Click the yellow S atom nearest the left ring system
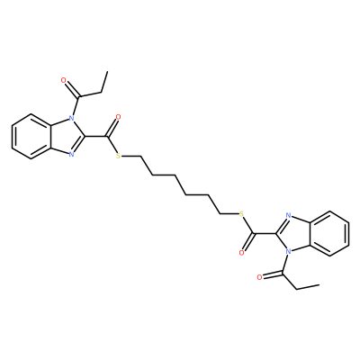(x=118, y=156)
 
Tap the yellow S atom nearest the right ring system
(x=241, y=214)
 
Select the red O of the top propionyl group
(x=63, y=80)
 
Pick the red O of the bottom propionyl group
(x=259, y=277)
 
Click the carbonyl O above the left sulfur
(x=118, y=117)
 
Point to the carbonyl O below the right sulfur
(x=241, y=253)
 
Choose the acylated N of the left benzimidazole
(x=71, y=118)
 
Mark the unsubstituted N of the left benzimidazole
(x=71, y=155)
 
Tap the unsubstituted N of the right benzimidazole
(x=288, y=215)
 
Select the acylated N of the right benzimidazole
(x=288, y=252)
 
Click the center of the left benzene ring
(x=31, y=136)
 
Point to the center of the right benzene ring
(x=329, y=233)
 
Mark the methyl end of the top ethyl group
(x=107, y=72)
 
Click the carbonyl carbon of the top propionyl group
(x=79, y=97)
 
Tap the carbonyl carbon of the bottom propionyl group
(x=282, y=273)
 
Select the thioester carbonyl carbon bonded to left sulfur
(x=107, y=137)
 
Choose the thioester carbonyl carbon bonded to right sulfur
(x=253, y=233)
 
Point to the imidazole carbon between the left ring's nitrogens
(x=85, y=137)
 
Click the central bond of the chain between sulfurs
(x=180, y=185)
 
